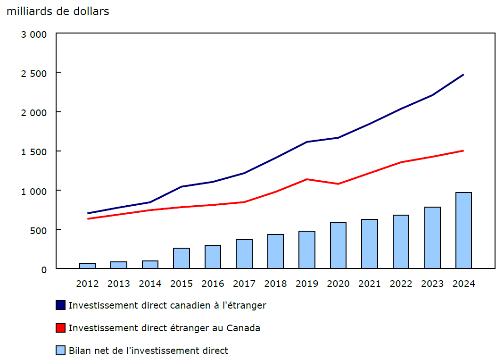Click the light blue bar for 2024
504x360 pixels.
point(463,230)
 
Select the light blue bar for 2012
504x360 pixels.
point(87,266)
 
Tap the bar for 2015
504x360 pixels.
point(182,258)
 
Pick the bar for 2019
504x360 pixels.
point(307,250)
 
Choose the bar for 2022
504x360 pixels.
point(401,242)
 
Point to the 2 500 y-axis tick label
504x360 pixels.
point(34,73)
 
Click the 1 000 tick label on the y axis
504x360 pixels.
point(34,191)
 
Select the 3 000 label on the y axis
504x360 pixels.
point(34,34)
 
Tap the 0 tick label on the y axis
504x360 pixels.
point(44,269)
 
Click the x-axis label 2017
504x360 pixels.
point(244,284)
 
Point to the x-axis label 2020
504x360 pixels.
point(338,284)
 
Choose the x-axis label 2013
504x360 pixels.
point(119,284)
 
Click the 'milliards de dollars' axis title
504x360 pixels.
point(58,11)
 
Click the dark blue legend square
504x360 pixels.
point(60,305)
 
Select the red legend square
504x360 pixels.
point(60,328)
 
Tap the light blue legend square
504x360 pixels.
point(60,351)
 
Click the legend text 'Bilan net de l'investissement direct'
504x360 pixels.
point(148,351)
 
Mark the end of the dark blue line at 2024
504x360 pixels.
point(463,75)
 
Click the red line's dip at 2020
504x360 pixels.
point(338,184)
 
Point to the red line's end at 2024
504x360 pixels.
point(463,151)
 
